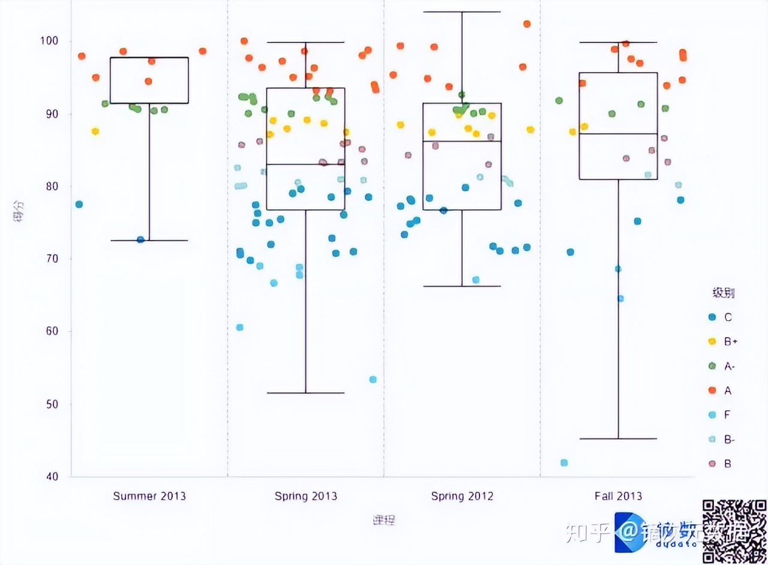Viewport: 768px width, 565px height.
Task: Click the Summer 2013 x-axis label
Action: (x=149, y=496)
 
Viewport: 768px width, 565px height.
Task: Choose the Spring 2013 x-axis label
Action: (x=306, y=496)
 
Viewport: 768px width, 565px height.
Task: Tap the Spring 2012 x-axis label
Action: (x=462, y=496)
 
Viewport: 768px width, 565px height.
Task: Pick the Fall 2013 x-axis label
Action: (x=618, y=496)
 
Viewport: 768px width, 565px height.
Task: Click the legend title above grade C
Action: (x=723, y=293)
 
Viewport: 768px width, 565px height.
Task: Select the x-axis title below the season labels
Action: (x=384, y=519)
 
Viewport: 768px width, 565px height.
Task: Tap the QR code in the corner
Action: (x=734, y=530)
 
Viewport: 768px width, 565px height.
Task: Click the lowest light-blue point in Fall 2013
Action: (x=564, y=462)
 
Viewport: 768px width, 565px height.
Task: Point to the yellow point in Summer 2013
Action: (x=95, y=131)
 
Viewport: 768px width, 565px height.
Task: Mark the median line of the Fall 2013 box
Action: (x=618, y=134)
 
